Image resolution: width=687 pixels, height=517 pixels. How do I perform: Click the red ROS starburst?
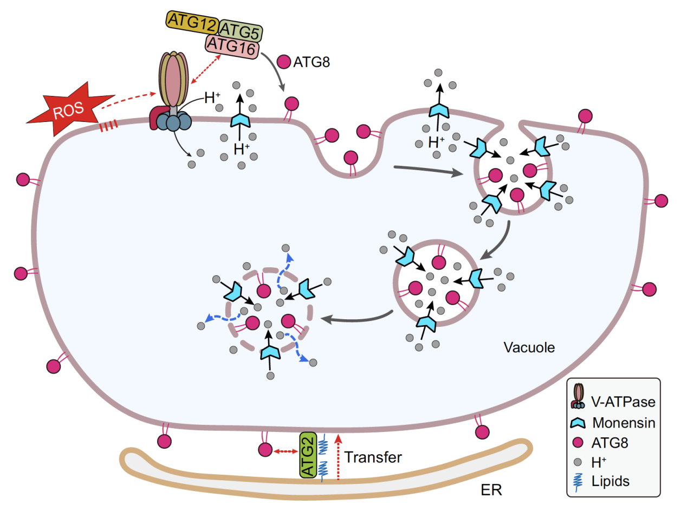67,110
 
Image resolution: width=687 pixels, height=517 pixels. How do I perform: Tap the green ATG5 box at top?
241,31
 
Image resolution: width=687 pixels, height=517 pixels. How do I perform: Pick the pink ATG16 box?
232,47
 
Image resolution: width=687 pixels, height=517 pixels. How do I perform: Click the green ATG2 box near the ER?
308,455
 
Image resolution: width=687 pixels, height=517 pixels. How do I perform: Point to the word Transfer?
373,457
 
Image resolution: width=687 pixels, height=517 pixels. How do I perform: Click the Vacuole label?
529,347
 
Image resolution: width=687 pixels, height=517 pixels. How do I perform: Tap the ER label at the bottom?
491,490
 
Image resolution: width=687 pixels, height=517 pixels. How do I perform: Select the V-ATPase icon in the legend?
578,397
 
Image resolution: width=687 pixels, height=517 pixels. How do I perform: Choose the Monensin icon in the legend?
578,423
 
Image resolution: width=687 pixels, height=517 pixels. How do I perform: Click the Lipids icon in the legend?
579,481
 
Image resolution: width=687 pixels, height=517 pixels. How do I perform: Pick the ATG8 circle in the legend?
578,443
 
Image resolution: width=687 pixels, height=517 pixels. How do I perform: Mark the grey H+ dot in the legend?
578,462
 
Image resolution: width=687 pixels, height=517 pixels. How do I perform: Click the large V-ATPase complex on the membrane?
172,92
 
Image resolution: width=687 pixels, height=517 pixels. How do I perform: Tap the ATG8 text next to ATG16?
312,62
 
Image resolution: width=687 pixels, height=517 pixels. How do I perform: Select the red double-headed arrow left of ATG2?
286,451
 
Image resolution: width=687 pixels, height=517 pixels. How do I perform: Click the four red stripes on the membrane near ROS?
108,127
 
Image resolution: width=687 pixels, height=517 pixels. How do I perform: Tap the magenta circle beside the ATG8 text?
284,62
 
